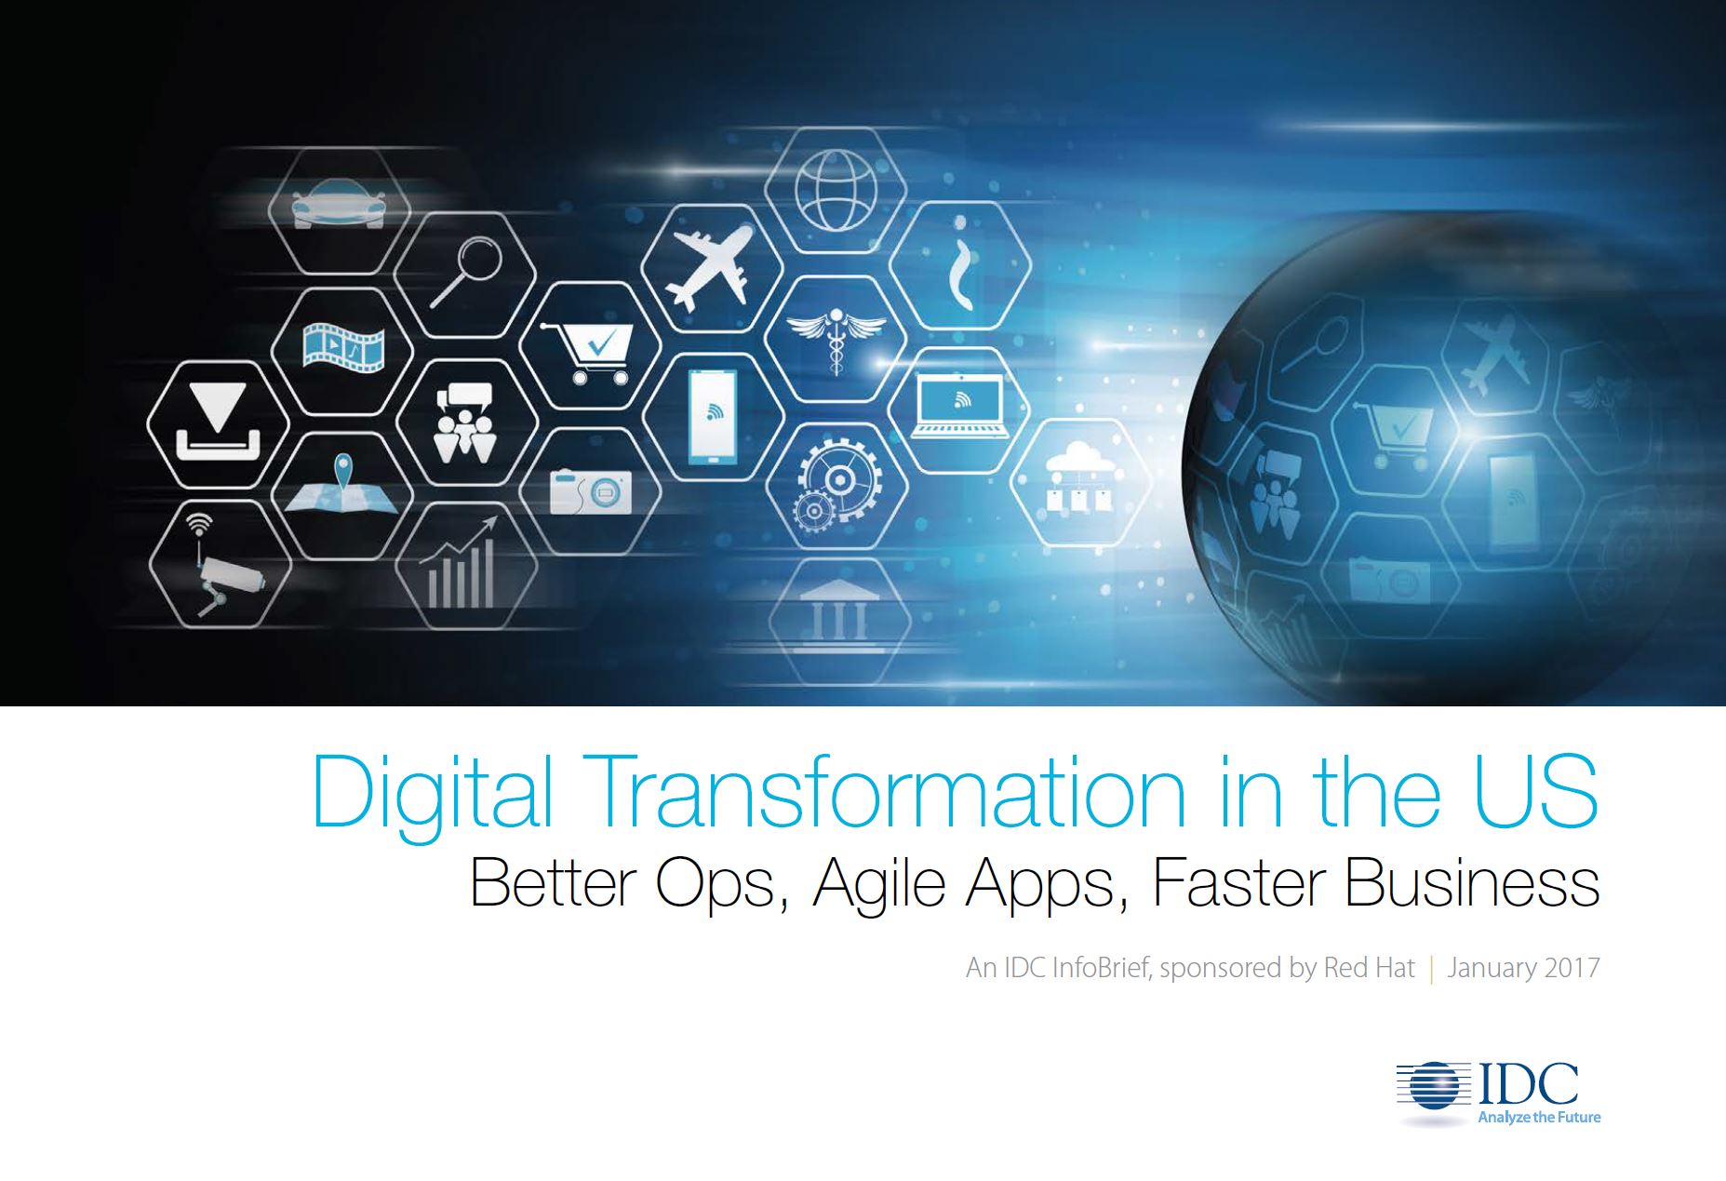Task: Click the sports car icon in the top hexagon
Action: point(338,209)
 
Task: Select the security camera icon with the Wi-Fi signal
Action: point(223,564)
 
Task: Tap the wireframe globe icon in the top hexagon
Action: point(835,191)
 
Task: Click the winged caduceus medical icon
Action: point(836,339)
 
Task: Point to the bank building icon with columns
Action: point(835,610)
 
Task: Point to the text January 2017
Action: point(1523,968)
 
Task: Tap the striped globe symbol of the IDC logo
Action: point(1434,1086)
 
